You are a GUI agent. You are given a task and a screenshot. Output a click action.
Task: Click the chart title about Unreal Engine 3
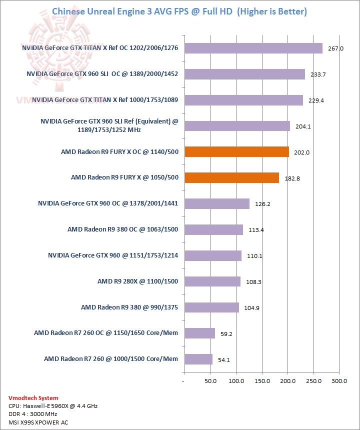coord(179,11)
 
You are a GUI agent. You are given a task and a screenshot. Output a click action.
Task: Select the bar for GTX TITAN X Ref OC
coord(253,48)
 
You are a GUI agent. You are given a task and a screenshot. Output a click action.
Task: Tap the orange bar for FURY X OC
coord(236,151)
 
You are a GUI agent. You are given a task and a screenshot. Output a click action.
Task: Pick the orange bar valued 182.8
coord(231,177)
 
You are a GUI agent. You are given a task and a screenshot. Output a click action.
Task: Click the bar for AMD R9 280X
coord(212,281)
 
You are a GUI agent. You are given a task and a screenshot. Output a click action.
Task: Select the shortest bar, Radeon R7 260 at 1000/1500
coord(198,359)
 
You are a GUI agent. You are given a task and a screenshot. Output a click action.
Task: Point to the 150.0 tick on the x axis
coord(261,381)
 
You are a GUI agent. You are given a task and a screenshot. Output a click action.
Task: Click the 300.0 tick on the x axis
coord(339,381)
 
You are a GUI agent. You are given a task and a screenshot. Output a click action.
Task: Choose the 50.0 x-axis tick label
coord(210,381)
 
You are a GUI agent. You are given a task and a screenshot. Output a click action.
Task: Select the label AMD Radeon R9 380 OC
coord(123,229)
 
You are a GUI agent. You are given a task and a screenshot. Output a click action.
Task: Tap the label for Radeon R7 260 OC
coord(106,332)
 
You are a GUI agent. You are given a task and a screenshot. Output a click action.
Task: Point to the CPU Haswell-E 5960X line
coord(53,406)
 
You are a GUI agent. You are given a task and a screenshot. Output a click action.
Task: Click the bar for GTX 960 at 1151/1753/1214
coord(212,255)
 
